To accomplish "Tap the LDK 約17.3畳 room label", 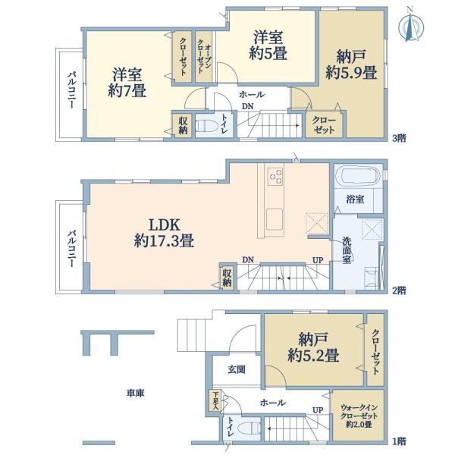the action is click(x=164, y=233).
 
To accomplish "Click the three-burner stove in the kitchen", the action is click(x=275, y=176).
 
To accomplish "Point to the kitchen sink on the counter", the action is click(x=274, y=219).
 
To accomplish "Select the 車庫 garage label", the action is click(x=135, y=393).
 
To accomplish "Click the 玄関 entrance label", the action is click(x=237, y=369).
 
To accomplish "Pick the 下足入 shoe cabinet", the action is click(x=215, y=400).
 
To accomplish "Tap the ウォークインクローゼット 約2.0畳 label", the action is click(x=359, y=416).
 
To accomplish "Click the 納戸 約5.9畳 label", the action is click(x=351, y=64).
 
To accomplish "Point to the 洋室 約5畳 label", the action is click(x=268, y=45).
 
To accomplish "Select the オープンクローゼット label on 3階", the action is click(x=204, y=57).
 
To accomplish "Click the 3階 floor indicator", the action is click(x=399, y=138).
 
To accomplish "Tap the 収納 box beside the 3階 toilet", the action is click(x=183, y=125).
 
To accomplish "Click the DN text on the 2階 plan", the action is click(x=248, y=259).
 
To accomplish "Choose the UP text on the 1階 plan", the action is click(x=318, y=410).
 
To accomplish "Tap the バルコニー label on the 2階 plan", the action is click(x=72, y=249).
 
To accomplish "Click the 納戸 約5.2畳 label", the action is click(x=313, y=347).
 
